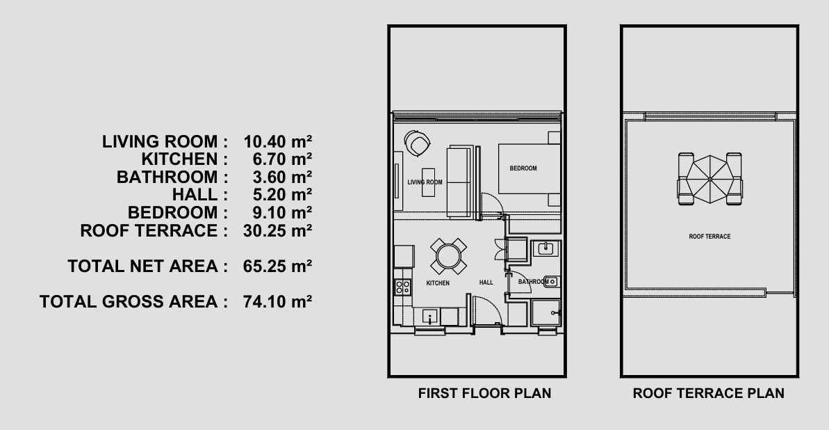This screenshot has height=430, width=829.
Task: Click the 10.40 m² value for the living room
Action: (277, 141)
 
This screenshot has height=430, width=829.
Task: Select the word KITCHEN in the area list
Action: (179, 159)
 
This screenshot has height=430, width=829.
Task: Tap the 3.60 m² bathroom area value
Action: (282, 177)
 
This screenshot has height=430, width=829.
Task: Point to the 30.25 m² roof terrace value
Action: (277, 231)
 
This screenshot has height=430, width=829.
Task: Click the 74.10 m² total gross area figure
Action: (277, 301)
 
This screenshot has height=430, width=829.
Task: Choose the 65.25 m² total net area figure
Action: (277, 266)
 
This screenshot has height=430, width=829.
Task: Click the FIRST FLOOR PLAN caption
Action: (485, 393)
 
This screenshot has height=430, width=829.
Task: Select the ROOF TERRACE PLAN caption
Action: (709, 393)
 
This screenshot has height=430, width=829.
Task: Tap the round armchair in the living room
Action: (417, 143)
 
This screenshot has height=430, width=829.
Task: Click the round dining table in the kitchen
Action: (448, 256)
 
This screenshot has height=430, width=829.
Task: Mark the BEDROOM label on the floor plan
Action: (523, 168)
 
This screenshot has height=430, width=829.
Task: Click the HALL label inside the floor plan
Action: (486, 282)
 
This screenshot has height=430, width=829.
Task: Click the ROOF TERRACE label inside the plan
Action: (709, 237)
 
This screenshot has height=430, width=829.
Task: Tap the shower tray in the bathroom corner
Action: (545, 313)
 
